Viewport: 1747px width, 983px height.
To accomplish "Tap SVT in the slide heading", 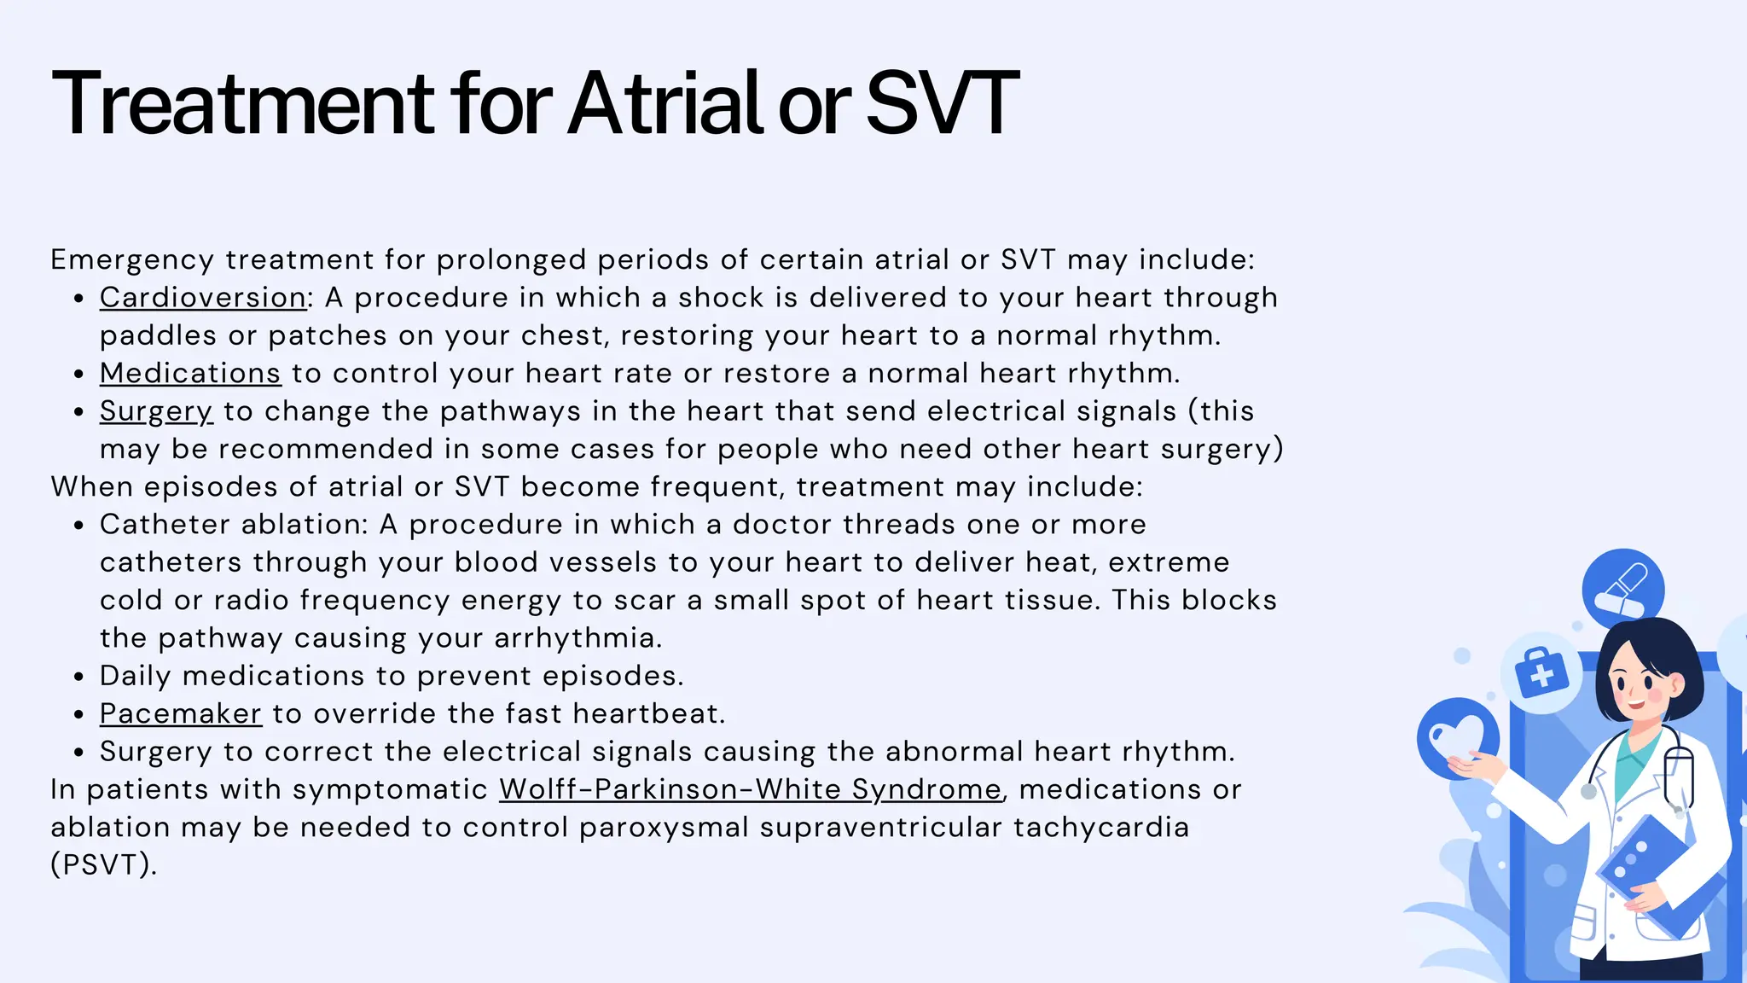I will click(x=942, y=104).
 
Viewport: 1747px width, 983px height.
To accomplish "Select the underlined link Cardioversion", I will click(x=203, y=298).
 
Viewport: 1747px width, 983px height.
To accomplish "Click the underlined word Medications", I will click(x=189, y=374).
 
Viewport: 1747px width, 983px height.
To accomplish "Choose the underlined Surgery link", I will click(x=155, y=411).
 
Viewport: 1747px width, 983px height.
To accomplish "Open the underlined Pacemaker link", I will click(x=180, y=713).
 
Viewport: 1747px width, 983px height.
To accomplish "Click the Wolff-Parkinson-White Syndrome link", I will click(x=750, y=789).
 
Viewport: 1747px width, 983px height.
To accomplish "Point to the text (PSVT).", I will click(x=104, y=864).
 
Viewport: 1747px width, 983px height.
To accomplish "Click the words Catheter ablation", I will click(x=233, y=525).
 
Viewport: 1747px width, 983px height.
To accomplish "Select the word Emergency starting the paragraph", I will click(x=131, y=260).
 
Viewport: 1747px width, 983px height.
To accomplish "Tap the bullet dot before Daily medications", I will click(x=78, y=678).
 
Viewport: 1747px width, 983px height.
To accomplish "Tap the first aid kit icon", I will click(x=1541, y=674).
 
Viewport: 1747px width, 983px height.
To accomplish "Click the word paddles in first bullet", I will click(x=158, y=335).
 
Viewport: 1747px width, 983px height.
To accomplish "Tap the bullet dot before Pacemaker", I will click(x=78, y=715).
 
